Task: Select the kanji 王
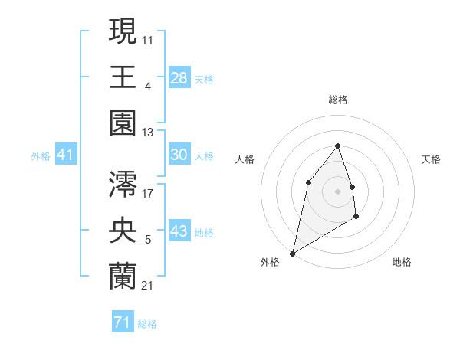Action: [123, 76]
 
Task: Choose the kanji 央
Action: [123, 229]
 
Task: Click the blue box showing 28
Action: [179, 77]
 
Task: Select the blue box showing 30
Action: [179, 155]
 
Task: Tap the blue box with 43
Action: [179, 231]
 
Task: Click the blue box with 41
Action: [65, 155]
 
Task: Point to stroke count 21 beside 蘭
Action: [148, 286]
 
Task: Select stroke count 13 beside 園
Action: [148, 133]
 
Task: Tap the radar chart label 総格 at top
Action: [337, 100]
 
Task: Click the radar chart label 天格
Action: [431, 159]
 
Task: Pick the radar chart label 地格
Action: [402, 262]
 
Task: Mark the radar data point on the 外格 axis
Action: [292, 253]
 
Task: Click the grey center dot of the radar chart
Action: [337, 191]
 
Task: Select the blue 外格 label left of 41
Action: [41, 156]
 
